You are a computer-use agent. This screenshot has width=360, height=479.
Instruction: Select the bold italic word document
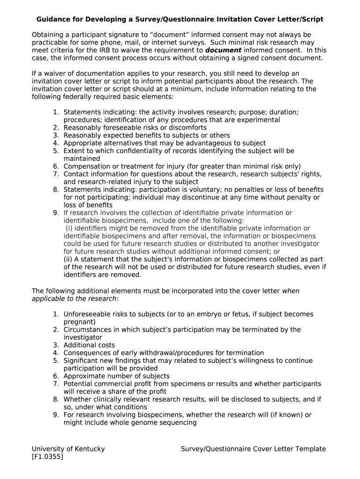coord(223,51)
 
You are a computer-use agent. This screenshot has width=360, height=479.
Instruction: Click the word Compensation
coord(85,167)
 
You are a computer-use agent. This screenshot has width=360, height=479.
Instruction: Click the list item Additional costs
coord(89,345)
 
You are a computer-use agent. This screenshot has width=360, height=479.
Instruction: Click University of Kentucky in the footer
coord(68,449)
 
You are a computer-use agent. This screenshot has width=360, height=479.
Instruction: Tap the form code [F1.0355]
coord(47,457)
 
